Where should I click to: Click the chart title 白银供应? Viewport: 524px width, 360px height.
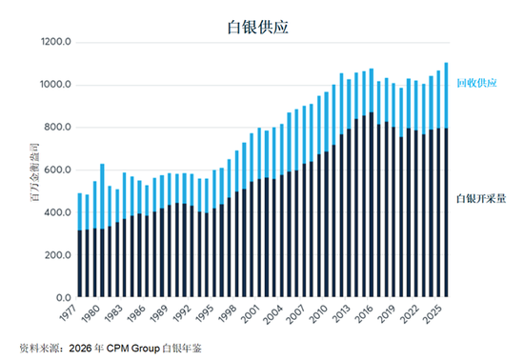(x=257, y=28)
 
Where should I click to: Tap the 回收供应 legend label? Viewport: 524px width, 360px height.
(x=477, y=83)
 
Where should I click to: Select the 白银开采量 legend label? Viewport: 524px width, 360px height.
(x=481, y=199)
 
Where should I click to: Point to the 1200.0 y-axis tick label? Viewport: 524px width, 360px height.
(x=56, y=42)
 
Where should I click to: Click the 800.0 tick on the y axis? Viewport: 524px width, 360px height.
(x=58, y=128)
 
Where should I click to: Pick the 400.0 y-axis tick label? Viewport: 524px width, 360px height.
(x=58, y=212)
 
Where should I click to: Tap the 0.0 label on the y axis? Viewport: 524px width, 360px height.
(x=64, y=297)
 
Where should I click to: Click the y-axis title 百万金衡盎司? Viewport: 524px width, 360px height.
(x=34, y=172)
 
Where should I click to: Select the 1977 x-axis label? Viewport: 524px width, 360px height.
(x=69, y=313)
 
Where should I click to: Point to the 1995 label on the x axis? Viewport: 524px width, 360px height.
(x=204, y=313)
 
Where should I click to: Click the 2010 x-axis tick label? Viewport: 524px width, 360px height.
(x=318, y=313)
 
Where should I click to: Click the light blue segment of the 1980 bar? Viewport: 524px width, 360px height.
(x=102, y=196)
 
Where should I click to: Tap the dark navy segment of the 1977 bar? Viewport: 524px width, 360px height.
(x=79, y=264)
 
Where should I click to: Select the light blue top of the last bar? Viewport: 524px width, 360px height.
(x=446, y=95)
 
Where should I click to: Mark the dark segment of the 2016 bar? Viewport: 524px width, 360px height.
(x=372, y=205)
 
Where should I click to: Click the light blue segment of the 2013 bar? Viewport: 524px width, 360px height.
(x=341, y=104)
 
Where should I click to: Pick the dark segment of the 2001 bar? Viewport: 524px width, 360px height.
(x=259, y=238)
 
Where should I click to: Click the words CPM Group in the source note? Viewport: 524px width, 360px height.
(x=132, y=349)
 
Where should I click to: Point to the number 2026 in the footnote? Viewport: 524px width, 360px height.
(x=80, y=349)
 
